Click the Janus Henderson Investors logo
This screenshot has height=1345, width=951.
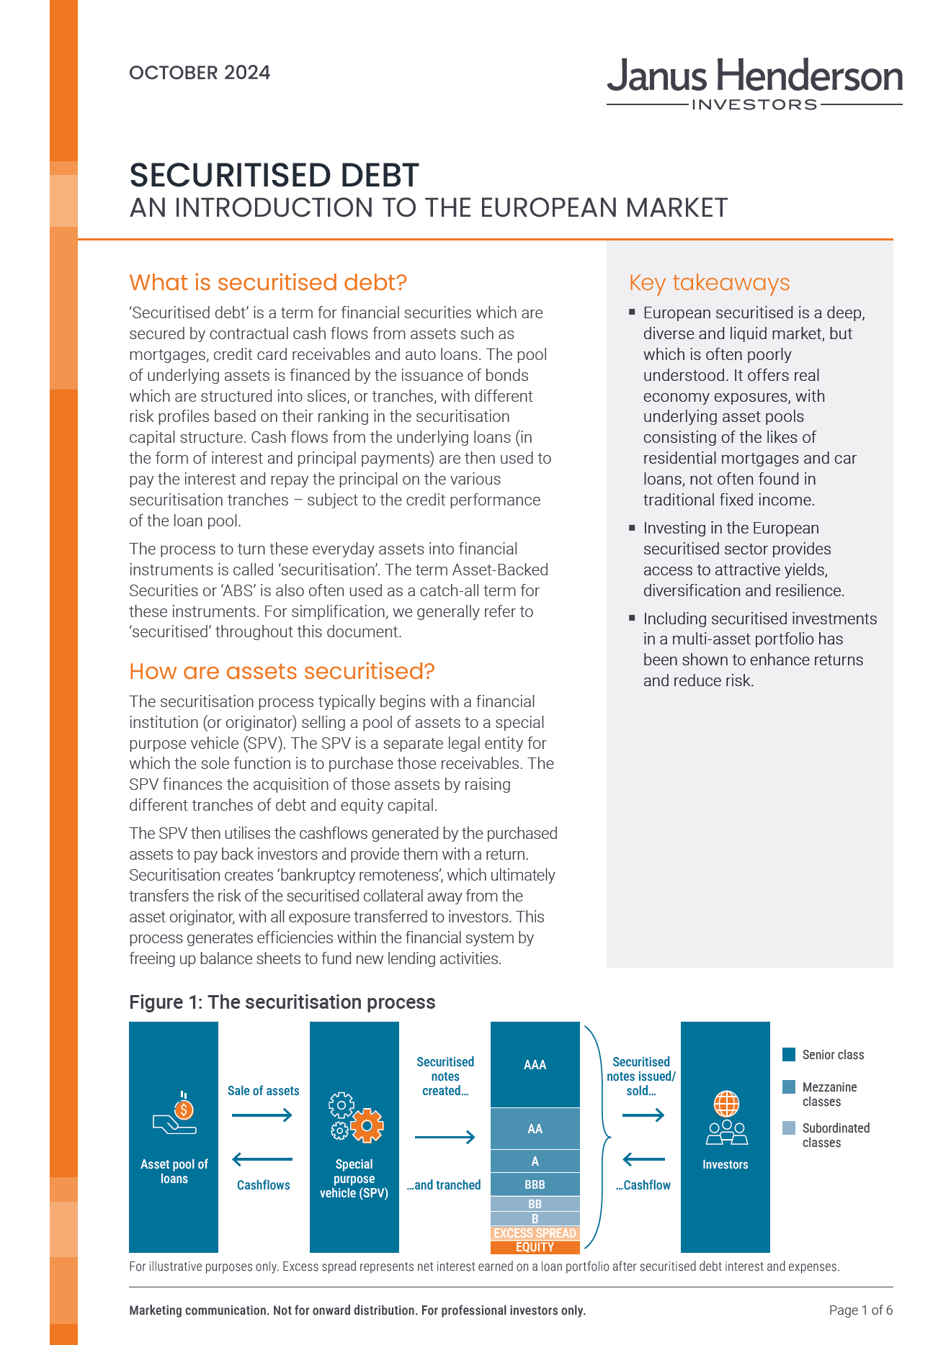tap(754, 84)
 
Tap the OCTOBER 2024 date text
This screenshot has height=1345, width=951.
tap(200, 73)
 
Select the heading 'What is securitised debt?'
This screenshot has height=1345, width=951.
tap(268, 282)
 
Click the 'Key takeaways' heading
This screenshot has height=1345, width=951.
tap(709, 283)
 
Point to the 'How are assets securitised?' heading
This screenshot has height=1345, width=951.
tap(282, 671)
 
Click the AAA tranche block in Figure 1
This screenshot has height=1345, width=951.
tap(535, 1064)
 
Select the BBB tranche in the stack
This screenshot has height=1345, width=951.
tap(535, 1184)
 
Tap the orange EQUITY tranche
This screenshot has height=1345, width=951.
tap(535, 1247)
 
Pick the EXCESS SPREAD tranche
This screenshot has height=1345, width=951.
tap(535, 1233)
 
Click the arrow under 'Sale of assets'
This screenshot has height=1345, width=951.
tap(262, 1115)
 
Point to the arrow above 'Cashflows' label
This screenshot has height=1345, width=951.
tap(262, 1159)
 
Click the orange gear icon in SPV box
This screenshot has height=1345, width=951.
tap(368, 1125)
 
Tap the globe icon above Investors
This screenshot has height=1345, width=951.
tap(726, 1103)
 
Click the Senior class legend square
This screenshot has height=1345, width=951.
tap(789, 1055)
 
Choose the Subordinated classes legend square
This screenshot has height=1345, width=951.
tap(789, 1128)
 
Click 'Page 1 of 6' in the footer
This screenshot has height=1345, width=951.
tap(860, 1310)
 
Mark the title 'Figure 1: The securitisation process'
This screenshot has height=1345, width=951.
tap(282, 1002)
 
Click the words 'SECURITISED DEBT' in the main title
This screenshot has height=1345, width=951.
tap(274, 176)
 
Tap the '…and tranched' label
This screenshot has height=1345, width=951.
tap(444, 1185)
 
